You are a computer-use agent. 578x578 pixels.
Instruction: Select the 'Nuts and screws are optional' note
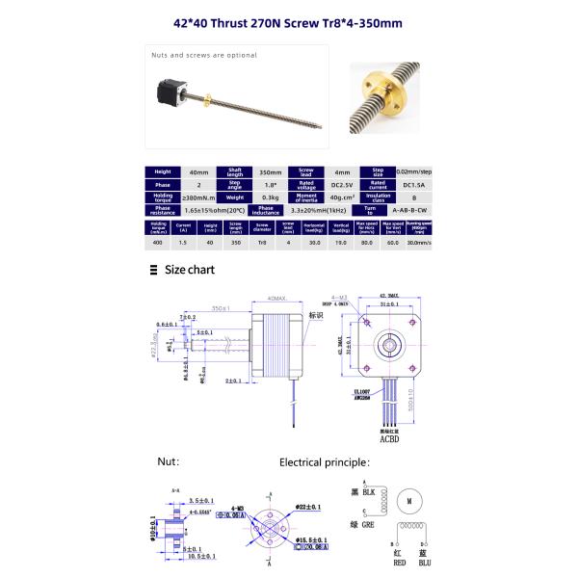[x=204, y=55]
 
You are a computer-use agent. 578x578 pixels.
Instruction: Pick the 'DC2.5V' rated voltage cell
[x=332, y=183]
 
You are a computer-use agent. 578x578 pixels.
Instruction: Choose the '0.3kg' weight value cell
[x=258, y=196]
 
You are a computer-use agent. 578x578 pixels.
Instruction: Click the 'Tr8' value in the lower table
[x=260, y=244]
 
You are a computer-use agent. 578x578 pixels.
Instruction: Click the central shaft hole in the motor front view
[x=391, y=342]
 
